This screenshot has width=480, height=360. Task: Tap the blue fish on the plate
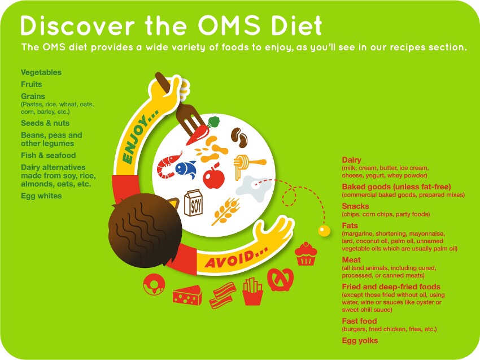(x=186, y=169)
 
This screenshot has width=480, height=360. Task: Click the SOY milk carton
(x=194, y=203)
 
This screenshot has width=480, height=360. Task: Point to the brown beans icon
(x=239, y=137)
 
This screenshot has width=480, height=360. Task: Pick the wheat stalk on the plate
(x=226, y=211)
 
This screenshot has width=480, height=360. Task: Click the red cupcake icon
(x=306, y=254)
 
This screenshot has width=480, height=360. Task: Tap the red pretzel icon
(x=280, y=279)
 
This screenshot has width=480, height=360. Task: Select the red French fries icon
(x=252, y=292)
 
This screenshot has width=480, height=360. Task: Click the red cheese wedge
(x=187, y=295)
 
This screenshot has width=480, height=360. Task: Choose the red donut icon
(x=154, y=284)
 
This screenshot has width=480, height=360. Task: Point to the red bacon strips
(x=223, y=295)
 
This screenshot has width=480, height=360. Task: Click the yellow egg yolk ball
(x=324, y=231)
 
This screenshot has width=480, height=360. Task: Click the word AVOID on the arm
(x=236, y=257)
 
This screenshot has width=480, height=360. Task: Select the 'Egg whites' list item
(x=41, y=196)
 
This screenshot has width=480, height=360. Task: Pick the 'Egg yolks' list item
(x=360, y=340)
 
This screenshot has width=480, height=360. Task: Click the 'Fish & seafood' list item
(x=49, y=155)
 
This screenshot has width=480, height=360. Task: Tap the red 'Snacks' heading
(x=355, y=206)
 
